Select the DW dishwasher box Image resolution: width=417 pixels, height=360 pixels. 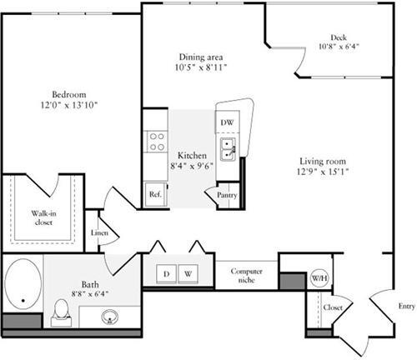tap(227, 122)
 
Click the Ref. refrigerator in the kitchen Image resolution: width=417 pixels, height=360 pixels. tap(155, 193)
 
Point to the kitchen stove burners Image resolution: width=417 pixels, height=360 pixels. tap(155, 141)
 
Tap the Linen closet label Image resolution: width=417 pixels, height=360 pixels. tap(99, 233)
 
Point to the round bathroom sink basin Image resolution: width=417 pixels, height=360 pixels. tap(111, 316)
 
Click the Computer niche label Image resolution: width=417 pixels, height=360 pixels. tap(247, 276)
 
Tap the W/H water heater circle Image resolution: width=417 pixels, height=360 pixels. tap(319, 277)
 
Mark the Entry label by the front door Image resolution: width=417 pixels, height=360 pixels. tap(406, 307)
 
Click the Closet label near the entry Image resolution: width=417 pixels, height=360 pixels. tap(334, 307)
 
